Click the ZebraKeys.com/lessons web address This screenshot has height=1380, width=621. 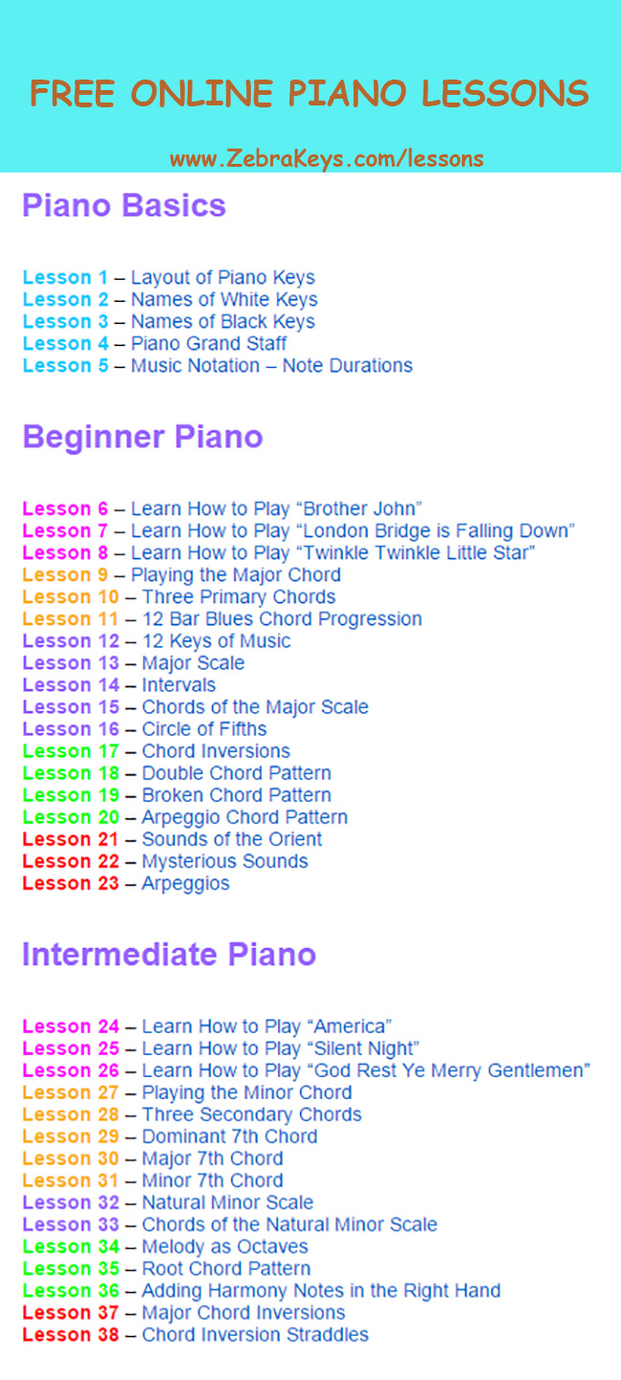click(x=327, y=159)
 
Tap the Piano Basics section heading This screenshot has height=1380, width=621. click(x=125, y=205)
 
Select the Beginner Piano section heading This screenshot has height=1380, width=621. click(x=143, y=438)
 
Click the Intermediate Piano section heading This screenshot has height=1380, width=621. click(x=170, y=954)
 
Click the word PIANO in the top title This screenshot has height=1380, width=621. click(x=348, y=94)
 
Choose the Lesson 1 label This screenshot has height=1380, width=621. click(x=65, y=277)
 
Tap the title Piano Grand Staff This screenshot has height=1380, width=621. click(x=209, y=343)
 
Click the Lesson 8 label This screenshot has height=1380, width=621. click(x=65, y=553)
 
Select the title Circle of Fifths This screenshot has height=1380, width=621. click(x=204, y=728)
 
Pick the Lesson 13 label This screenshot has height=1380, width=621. click(x=71, y=663)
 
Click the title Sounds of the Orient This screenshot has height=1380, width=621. click(x=232, y=839)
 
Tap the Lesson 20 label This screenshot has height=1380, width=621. click(x=71, y=816)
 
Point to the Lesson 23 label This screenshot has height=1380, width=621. click(x=71, y=883)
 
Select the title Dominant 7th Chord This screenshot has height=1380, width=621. click(x=230, y=1136)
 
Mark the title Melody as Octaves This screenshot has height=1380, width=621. click(x=225, y=1246)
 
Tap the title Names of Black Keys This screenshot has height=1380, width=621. click(x=223, y=322)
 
